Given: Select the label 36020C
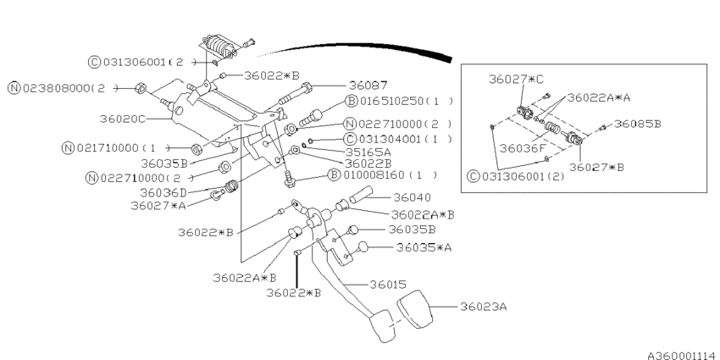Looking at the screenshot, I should click(x=123, y=119).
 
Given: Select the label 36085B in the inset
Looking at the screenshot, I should click(x=637, y=124).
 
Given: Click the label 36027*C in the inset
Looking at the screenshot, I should click(x=516, y=79).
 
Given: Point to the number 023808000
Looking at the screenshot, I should click(x=58, y=87).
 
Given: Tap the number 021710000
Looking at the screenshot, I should click(x=108, y=147).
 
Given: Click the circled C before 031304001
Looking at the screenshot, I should click(x=350, y=138).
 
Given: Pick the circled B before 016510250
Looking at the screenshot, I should click(x=349, y=102).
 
